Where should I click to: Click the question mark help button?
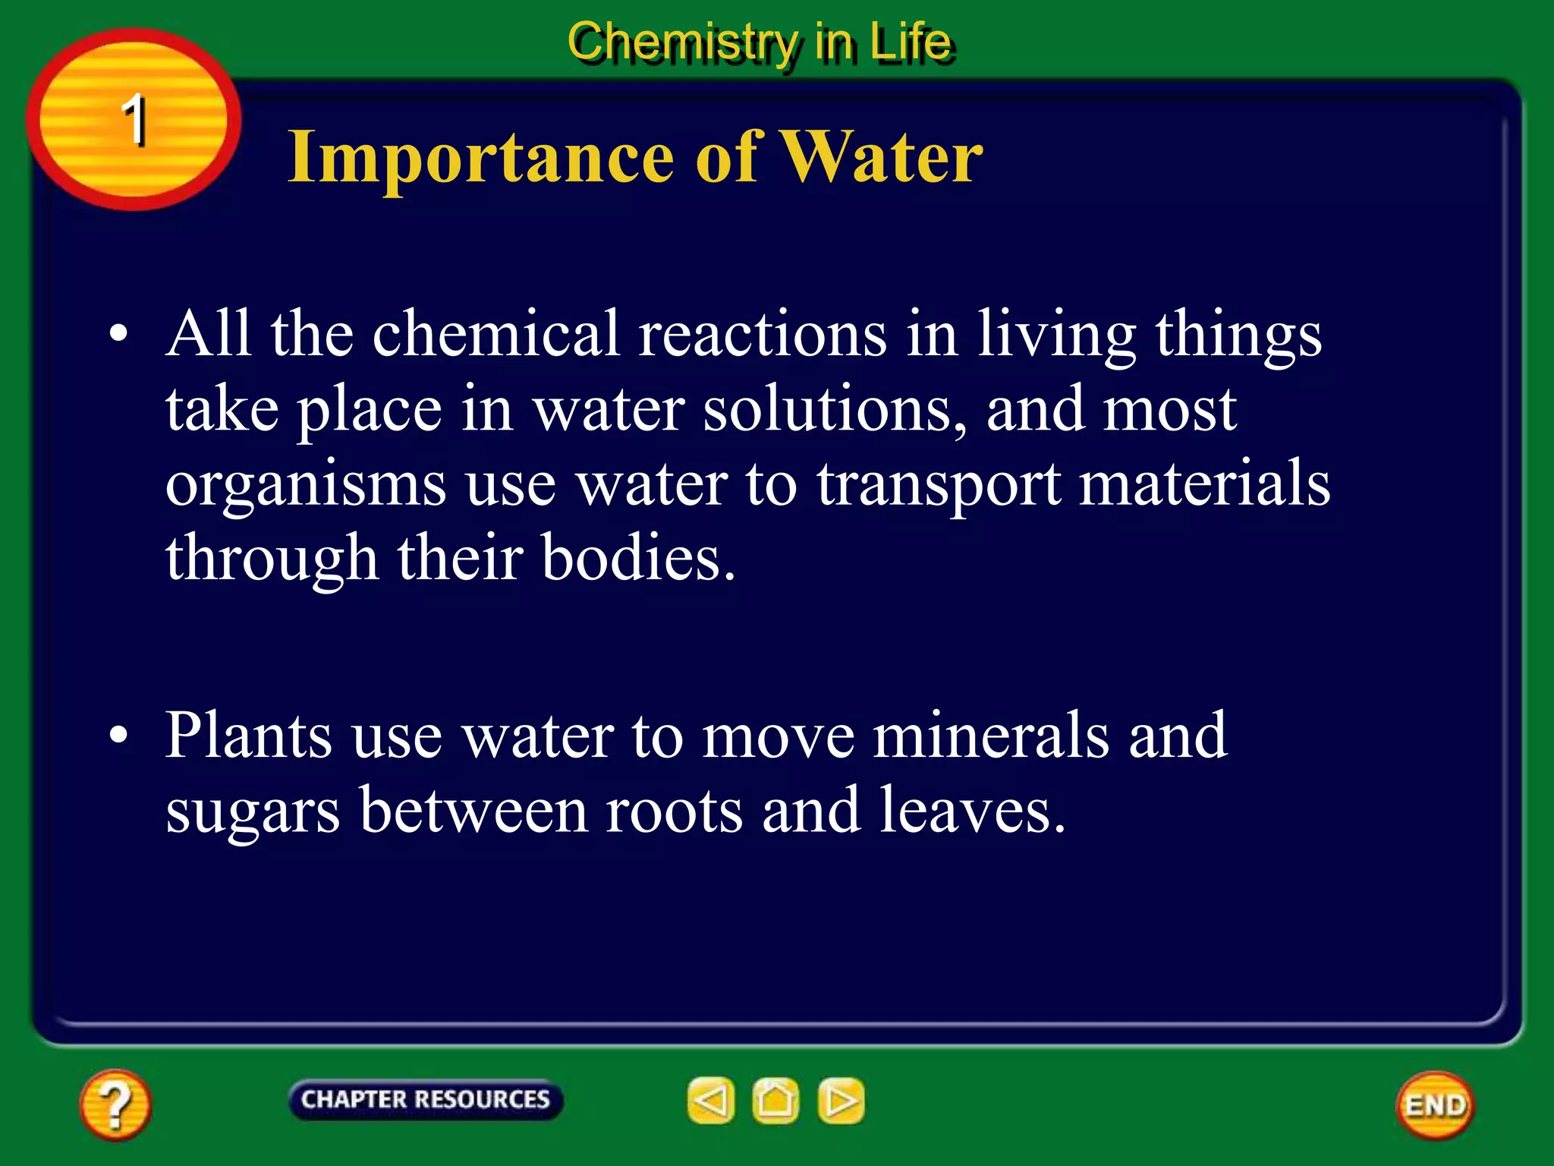115,1105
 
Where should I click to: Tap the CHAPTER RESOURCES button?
425,1100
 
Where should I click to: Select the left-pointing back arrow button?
711,1101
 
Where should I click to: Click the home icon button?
775,1101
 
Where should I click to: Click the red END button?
1435,1105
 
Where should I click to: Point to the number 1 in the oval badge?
134,119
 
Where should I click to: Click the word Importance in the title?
480,156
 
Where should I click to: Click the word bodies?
637,558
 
